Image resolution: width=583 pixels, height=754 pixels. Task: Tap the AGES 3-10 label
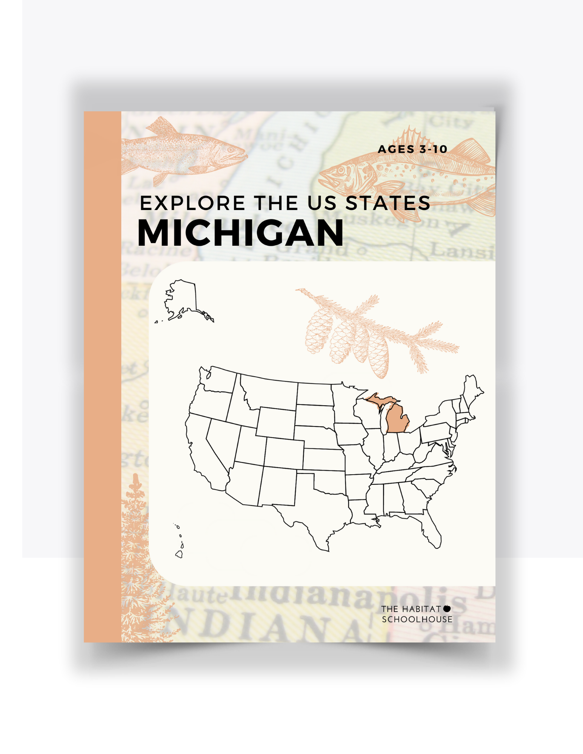[412, 149]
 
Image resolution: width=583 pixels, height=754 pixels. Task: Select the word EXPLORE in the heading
[192, 203]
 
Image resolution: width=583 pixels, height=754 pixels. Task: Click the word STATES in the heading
[388, 203]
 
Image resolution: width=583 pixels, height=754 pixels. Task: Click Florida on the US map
[432, 532]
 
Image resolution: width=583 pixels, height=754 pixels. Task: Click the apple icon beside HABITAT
[447, 608]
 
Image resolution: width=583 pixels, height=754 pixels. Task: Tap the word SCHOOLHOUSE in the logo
[417, 619]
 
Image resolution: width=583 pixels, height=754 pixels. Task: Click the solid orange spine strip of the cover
[102, 377]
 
